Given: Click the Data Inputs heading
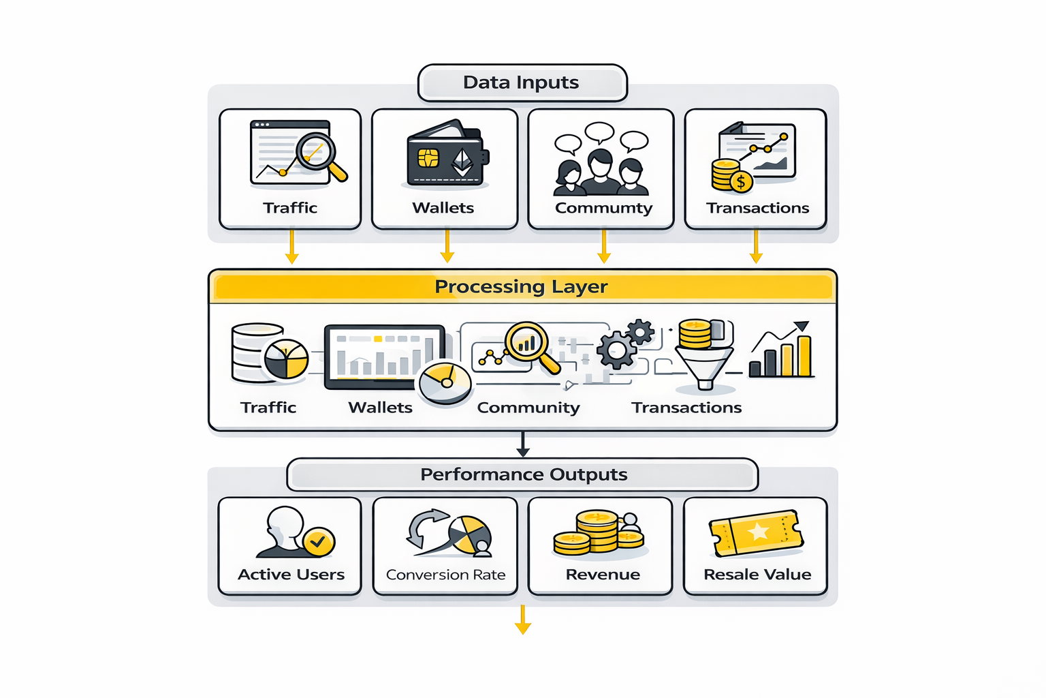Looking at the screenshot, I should [x=521, y=82].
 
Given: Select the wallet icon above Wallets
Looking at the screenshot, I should [x=447, y=155].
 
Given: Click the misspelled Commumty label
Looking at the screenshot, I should [x=603, y=208].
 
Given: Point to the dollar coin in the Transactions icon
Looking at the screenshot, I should [x=740, y=181].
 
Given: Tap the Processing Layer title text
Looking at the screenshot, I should [x=521, y=286].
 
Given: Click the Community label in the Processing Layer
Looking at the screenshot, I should [x=528, y=408].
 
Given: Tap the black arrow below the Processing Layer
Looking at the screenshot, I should [x=523, y=444].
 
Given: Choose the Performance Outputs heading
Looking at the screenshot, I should [x=523, y=474].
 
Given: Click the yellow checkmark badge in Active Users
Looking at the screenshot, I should [x=317, y=543].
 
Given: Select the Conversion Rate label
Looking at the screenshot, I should [x=445, y=575].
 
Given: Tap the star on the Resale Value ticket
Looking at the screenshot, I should [x=757, y=532].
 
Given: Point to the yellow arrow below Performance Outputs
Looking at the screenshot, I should [x=523, y=620].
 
